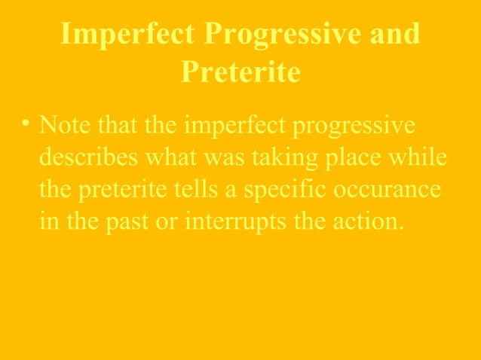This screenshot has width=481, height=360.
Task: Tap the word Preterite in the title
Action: pyautogui.click(x=240, y=72)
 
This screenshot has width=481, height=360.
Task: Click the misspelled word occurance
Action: pyautogui.click(x=389, y=191)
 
